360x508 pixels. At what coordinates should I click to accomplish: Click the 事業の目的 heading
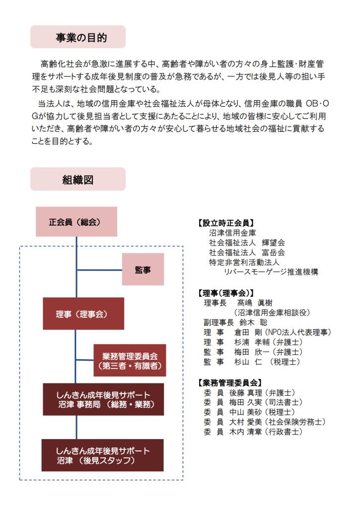coord(78,37)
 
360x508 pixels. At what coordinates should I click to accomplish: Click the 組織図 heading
coord(78,179)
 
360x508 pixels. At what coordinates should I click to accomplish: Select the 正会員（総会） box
coord(76,222)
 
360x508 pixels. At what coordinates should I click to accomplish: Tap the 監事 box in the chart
coord(143,269)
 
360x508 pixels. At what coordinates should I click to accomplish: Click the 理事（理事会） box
coord(83,314)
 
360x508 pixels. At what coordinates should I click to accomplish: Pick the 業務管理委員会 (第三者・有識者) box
coord(130,360)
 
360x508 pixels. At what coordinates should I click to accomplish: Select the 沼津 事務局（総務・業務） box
coord(103,399)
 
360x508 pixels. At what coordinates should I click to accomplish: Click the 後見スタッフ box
coord(102,455)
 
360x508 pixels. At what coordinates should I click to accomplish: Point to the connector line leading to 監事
coord(99,270)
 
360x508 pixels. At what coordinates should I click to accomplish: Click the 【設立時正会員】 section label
coord(226,223)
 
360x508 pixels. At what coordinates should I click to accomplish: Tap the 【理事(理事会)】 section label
coord(226,293)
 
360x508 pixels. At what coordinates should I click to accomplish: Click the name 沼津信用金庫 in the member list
coord(232,233)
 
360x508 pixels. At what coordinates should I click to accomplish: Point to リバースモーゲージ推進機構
coord(271,272)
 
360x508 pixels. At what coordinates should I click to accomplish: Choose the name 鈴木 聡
coord(254,322)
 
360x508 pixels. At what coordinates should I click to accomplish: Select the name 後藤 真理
coord(245,393)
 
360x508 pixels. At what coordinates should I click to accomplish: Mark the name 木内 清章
coord(245,432)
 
